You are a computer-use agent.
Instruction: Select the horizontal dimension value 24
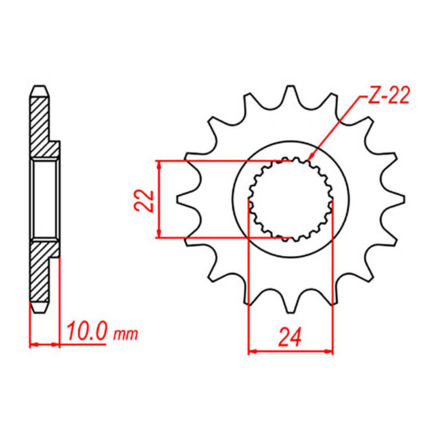pyautogui.click(x=290, y=337)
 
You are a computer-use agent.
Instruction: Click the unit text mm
pyautogui.click(x=126, y=334)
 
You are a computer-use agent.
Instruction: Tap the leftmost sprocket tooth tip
pyautogui.click(x=178, y=199)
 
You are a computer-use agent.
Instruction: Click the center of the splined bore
pyautogui.click(x=291, y=199)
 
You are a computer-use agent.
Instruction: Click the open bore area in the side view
pyautogui.click(x=45, y=198)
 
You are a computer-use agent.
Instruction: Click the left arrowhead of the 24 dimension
pyautogui.click(x=252, y=352)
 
